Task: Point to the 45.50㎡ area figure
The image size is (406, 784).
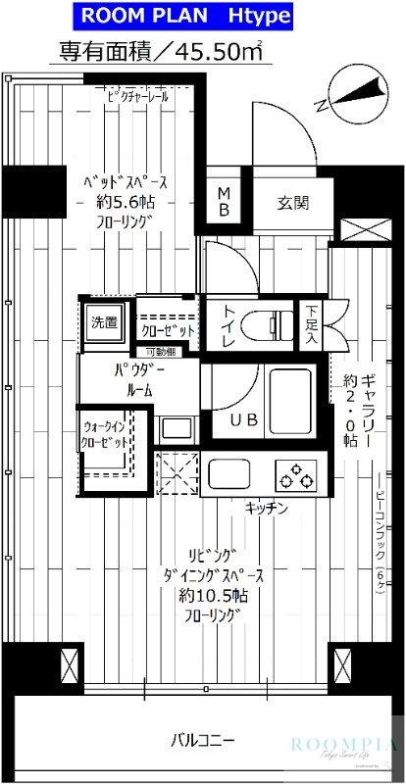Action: (x=208, y=50)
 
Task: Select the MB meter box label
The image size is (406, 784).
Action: (x=224, y=202)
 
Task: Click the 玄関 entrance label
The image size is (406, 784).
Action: (x=292, y=203)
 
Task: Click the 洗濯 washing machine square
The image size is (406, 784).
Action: (x=104, y=320)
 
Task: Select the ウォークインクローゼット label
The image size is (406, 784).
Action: (x=105, y=435)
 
